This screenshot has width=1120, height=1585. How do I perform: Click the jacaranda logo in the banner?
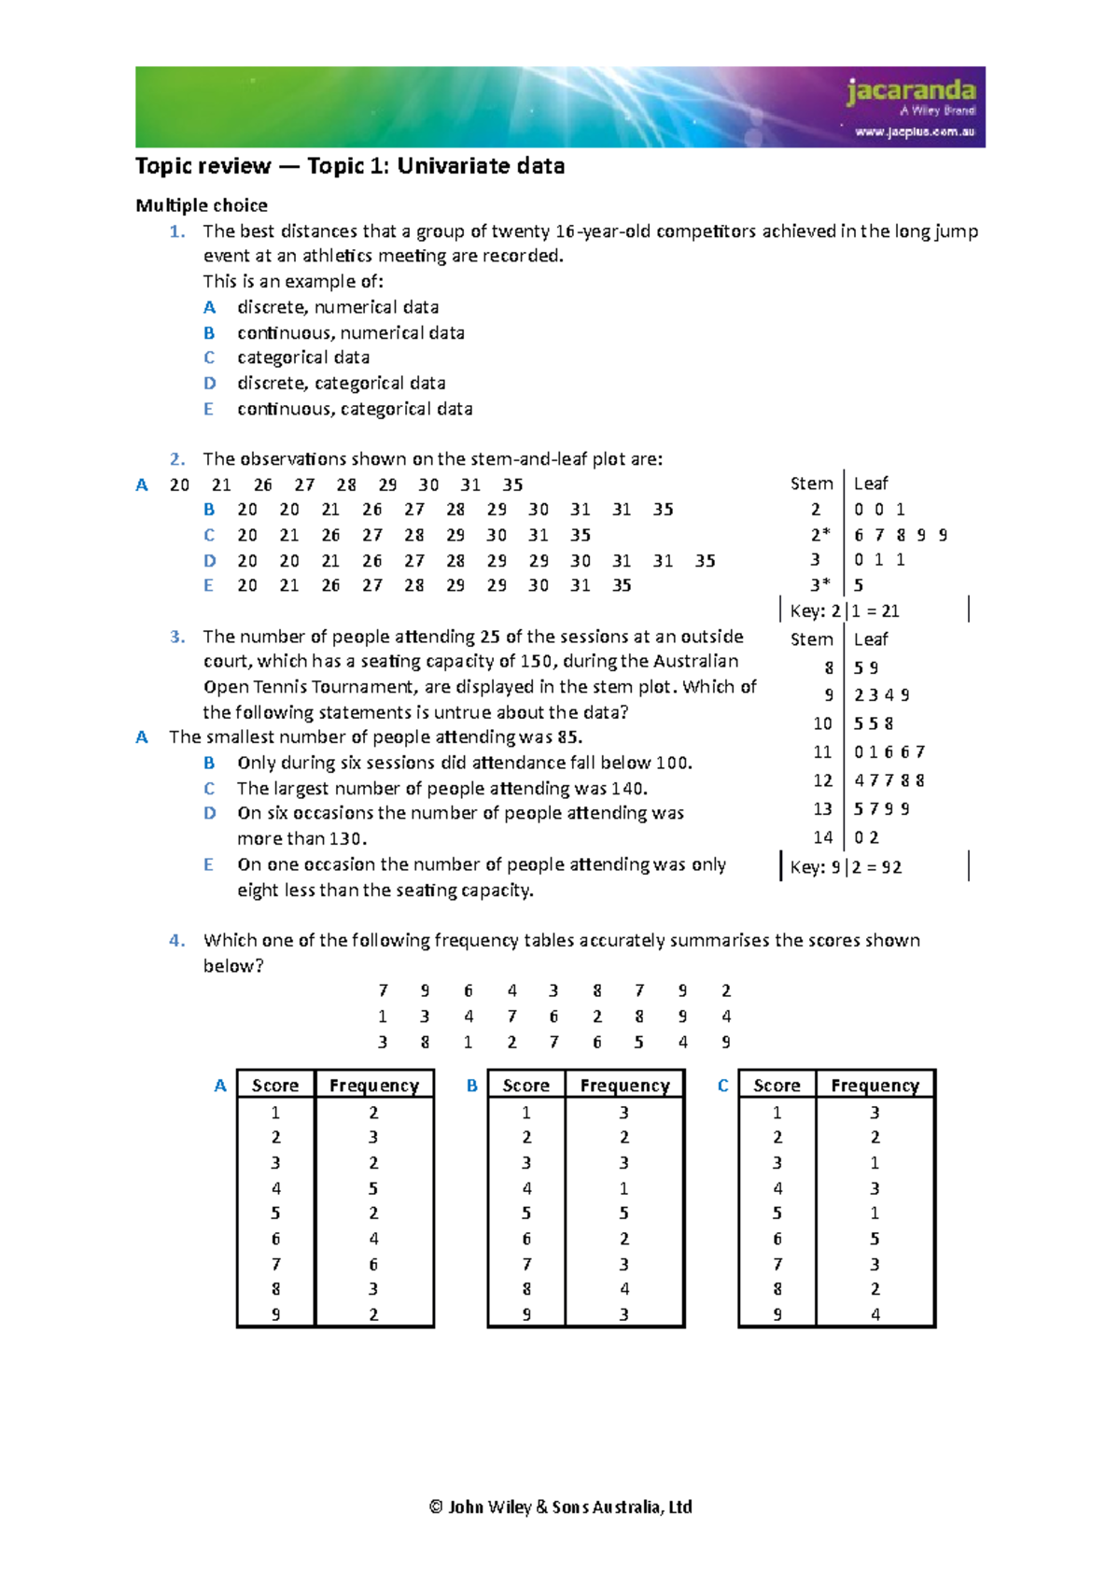911,92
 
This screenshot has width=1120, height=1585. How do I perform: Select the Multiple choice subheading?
202,205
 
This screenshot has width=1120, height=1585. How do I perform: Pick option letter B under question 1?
209,333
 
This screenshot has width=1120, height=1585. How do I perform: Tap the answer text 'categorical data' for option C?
303,358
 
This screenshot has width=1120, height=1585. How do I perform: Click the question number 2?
177,459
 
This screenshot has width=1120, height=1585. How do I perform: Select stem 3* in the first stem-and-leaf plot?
819,585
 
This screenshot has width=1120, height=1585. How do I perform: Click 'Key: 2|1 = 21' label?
845,611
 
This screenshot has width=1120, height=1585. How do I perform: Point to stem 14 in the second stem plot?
822,838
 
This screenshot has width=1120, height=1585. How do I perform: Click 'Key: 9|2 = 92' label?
846,867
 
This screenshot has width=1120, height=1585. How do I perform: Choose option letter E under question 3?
209,865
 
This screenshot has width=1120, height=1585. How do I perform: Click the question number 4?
177,941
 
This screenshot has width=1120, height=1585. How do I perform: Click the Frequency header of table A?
374,1086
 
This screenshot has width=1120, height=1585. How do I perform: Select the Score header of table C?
777,1086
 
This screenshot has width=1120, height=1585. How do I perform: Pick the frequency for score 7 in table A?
373,1265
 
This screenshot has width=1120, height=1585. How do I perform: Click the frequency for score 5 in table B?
623,1213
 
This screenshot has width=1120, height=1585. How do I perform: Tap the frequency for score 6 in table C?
875,1240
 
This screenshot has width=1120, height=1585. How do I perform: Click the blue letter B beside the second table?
472,1086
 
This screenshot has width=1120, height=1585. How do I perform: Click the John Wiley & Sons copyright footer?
560,1507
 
